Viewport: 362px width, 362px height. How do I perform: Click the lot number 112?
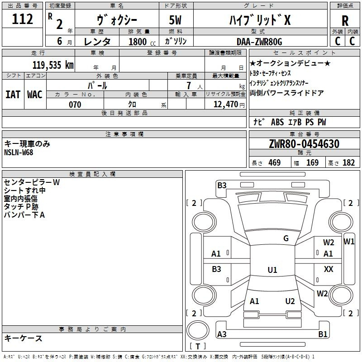coord(22,19)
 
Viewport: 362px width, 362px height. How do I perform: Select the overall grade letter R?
coord(345,21)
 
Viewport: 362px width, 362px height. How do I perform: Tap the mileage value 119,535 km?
coord(53,65)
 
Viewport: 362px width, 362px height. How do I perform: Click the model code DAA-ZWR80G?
coord(259,42)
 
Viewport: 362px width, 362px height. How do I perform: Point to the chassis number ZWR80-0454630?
coord(304,144)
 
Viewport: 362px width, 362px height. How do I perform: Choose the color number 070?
coord(75,105)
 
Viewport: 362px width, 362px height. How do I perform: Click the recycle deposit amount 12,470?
coord(226,105)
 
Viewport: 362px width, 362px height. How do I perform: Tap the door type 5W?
coord(175,20)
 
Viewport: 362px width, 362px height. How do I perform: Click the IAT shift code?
coord(13,95)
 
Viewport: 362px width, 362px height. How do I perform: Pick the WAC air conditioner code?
coord(35,95)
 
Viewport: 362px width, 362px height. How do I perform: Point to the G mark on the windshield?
coord(286,238)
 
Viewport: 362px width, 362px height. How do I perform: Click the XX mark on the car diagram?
coord(329,269)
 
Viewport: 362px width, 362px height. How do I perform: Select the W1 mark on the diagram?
coord(349,242)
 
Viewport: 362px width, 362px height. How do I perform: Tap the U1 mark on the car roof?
coord(272,270)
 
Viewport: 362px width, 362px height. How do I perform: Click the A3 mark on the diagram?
coord(222,334)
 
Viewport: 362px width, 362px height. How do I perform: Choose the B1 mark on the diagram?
coord(323,334)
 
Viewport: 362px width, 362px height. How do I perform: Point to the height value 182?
coord(348,163)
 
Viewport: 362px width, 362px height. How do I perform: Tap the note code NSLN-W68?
coord(19,152)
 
